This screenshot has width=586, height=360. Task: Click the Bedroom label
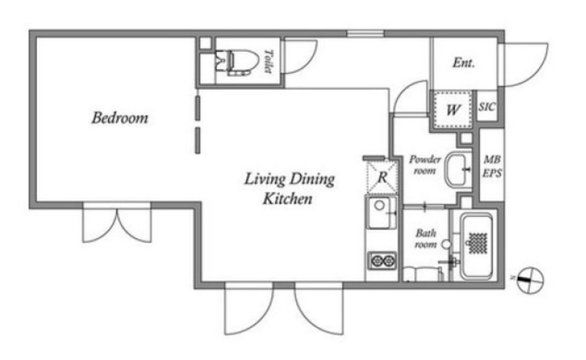click(120, 118)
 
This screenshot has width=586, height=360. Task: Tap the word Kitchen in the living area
click(287, 199)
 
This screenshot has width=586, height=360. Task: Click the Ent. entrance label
click(464, 62)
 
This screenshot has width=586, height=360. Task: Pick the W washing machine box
click(453, 109)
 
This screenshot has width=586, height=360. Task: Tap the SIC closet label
click(487, 107)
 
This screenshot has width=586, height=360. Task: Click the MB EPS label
click(492, 167)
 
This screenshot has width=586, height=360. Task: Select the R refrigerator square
click(382, 177)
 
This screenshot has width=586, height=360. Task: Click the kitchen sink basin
click(381, 212)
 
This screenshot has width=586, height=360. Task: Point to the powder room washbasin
click(458, 169)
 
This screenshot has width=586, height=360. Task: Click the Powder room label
click(425, 165)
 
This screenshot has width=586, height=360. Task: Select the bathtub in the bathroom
click(476, 246)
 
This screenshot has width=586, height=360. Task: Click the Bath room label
click(426, 239)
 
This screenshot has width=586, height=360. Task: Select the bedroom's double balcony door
click(117, 224)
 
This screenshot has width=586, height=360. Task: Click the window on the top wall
click(366, 34)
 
